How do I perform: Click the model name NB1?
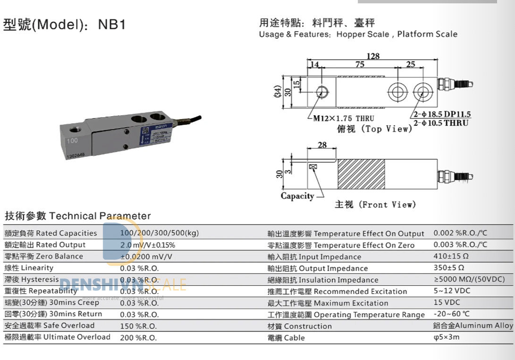click(112, 25)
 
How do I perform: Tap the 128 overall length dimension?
click(373, 56)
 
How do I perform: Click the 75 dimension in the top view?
click(359, 65)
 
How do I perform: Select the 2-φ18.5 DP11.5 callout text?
click(442, 114)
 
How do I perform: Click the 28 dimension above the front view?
click(322, 145)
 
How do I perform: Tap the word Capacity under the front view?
click(297, 196)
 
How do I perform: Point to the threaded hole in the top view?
click(322, 90)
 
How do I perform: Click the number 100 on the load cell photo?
click(72, 141)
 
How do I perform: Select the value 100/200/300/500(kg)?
click(160, 233)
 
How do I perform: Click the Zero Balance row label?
click(43, 256)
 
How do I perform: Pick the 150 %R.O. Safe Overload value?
click(138, 326)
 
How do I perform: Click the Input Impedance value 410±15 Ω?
click(451, 256)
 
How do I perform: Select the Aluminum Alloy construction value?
click(473, 326)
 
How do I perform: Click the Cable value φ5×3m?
click(446, 337)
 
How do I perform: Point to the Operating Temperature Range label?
click(346, 315)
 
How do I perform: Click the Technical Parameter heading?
click(77, 216)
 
